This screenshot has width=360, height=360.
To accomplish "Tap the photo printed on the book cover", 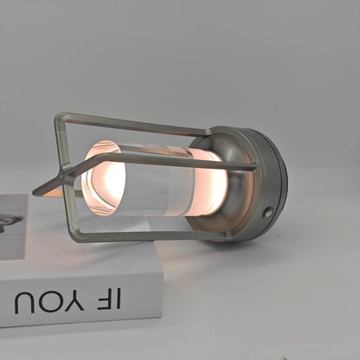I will (12, 225).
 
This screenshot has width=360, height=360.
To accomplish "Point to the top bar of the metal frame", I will (130, 123).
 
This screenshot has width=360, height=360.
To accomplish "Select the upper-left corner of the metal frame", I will (61, 118).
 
